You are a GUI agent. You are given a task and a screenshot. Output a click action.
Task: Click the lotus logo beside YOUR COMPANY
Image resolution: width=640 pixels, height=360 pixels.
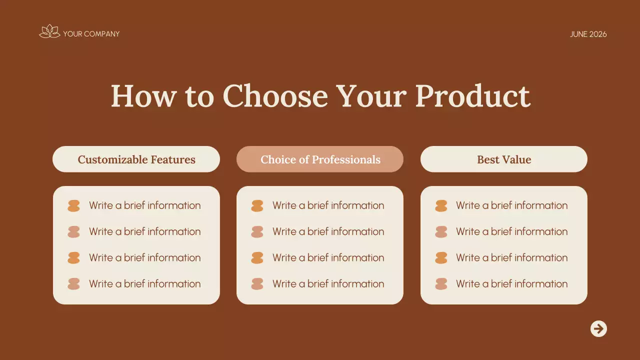pos(49,32)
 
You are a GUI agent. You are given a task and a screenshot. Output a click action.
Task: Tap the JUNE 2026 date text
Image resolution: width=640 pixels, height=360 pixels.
pos(588,34)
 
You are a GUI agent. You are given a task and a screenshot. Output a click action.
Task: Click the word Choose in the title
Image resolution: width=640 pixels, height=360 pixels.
pos(275,95)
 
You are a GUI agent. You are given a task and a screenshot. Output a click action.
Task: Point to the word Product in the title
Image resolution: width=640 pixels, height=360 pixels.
pos(472,95)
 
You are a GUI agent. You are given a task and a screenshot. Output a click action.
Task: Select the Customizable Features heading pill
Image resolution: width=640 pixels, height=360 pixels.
pos(136,159)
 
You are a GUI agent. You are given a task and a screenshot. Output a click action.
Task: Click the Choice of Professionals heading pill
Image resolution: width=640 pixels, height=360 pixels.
pos(320,159)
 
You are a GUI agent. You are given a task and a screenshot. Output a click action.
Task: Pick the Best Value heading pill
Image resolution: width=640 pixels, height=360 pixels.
pos(503,159)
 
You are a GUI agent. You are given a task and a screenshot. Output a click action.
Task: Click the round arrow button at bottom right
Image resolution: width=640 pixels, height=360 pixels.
pos(598,328)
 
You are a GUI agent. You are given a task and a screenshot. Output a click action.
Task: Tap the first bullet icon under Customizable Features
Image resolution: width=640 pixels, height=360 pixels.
pos(73,205)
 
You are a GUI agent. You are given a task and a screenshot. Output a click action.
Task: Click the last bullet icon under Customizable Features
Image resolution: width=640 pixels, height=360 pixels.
pos(73,284)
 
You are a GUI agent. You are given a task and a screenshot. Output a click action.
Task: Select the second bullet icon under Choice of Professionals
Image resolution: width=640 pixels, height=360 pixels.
pos(257,231)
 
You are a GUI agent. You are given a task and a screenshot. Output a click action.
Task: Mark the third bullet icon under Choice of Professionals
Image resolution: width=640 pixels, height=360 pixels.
pos(257,258)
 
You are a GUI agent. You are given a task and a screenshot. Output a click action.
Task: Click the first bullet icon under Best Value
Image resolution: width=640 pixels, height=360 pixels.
pos(441,205)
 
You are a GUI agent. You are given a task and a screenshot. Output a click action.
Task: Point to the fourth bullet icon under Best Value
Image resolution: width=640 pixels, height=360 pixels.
pos(441,284)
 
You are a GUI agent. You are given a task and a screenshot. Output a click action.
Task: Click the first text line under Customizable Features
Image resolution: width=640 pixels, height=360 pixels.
pos(144,205)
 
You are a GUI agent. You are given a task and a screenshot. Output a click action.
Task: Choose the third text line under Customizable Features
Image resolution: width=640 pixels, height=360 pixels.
pos(144,258)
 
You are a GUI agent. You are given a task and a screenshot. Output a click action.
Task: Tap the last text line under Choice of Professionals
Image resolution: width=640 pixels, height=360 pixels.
pos(328,284)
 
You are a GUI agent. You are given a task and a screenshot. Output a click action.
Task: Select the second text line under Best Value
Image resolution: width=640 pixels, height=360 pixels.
pos(511,231)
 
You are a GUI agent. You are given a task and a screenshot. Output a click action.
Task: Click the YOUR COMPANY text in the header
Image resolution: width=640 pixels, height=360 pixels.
pos(91,34)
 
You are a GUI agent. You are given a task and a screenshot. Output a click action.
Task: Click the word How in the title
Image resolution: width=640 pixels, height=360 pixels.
pos(143,95)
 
